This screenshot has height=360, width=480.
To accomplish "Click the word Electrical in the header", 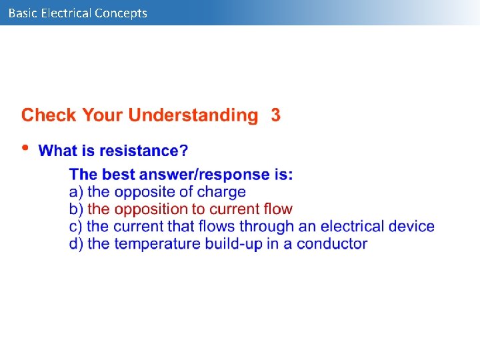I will pyautogui.click(x=65, y=13).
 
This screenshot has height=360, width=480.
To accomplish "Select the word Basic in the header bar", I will pyautogui.click(x=23, y=13).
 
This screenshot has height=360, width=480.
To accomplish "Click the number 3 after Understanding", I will pyautogui.click(x=275, y=115).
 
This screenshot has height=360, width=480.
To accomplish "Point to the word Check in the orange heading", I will pyautogui.click(x=49, y=115).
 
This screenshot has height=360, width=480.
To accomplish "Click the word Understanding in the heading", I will pyautogui.click(x=193, y=115).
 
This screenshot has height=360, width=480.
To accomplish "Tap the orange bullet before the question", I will pyautogui.click(x=25, y=148).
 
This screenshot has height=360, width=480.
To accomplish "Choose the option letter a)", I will pyautogui.click(x=77, y=192).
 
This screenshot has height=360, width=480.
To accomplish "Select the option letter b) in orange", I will pyautogui.click(x=77, y=209).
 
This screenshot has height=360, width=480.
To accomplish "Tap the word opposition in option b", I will pyautogui.click(x=151, y=209).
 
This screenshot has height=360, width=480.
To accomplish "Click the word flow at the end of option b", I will pyautogui.click(x=278, y=209).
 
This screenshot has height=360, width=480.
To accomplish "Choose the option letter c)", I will pyautogui.click(x=77, y=227).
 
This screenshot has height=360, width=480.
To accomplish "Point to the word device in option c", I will pyautogui.click(x=410, y=227).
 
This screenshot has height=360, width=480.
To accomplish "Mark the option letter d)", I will pyautogui.click(x=77, y=244).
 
